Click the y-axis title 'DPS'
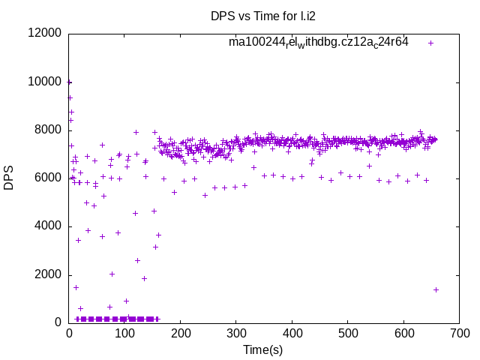[9, 178]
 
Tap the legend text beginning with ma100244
[319, 42]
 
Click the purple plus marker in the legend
[430, 43]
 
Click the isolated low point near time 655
[436, 289]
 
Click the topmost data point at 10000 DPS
[70, 82]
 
